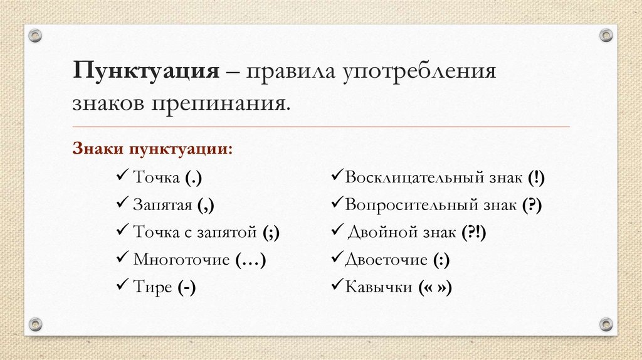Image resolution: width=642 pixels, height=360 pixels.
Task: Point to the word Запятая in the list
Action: pos(162,204)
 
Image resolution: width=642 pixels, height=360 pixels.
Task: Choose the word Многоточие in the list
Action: pos(182,259)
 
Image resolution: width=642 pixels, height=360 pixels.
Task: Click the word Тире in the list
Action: pos(153,287)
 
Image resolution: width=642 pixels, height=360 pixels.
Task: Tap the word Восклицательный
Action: pos(414,177)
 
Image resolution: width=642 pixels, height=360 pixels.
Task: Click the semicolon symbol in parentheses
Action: pos(271,233)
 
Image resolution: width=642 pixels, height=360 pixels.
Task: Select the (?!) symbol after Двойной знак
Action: pos(474,233)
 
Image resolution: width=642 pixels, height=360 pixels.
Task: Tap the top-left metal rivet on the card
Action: pos(36,35)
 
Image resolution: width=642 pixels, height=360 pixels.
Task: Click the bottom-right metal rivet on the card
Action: pos(605,324)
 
